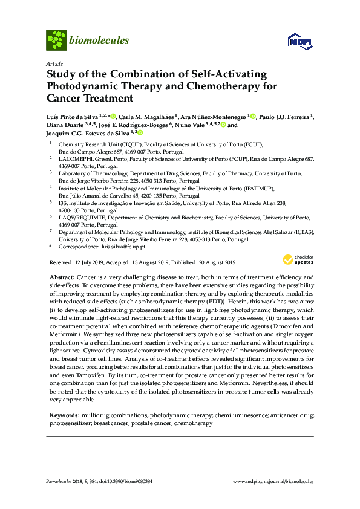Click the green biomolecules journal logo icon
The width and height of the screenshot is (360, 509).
56,41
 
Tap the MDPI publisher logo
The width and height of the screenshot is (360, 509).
299,42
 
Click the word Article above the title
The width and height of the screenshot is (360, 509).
54,63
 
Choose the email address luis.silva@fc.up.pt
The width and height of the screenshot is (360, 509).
123,247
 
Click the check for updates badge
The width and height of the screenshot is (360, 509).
299,260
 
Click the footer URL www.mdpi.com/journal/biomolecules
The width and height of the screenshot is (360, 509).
273,481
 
